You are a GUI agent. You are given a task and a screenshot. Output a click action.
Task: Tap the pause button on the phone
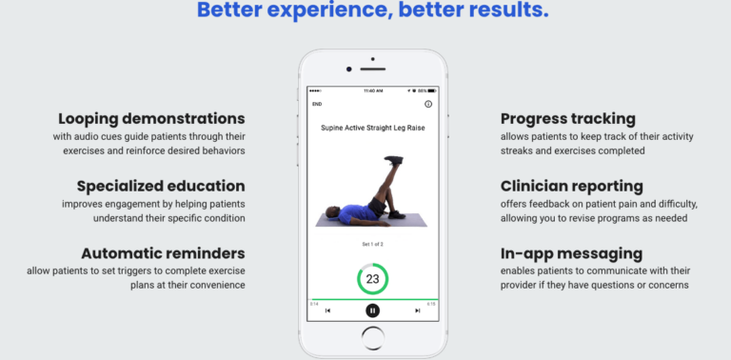point(372,310)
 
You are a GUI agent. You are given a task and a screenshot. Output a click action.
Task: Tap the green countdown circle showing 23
point(372,280)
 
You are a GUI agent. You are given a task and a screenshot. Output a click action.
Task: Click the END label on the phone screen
point(317,104)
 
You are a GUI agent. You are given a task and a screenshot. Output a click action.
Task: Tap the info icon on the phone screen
point(428,104)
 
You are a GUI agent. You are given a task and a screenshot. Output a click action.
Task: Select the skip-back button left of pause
point(328,310)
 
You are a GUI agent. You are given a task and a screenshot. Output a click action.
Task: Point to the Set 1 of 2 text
point(372,244)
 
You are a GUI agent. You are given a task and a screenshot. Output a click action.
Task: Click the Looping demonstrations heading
point(151,119)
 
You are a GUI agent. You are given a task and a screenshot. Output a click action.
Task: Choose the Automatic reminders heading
point(163,253)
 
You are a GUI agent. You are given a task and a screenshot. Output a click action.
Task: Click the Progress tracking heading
point(568,119)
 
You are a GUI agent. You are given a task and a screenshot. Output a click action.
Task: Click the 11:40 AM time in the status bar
point(372,91)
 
